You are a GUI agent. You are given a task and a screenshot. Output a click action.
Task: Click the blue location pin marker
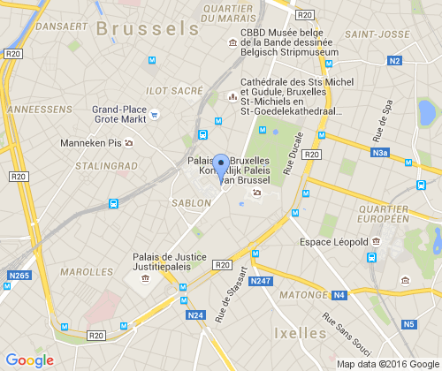point(220,168)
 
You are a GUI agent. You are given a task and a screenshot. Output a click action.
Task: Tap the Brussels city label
point(147,28)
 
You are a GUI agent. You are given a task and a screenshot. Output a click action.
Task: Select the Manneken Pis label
point(89,143)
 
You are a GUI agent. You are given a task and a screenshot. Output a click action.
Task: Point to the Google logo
point(29,360)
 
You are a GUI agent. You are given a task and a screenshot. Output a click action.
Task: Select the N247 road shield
point(260,281)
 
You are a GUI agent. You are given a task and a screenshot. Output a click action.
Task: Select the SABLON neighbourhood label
point(191,202)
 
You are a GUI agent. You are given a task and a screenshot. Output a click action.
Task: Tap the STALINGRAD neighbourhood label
point(106,164)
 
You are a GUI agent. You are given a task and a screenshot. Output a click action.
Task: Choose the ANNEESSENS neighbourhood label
point(38,109)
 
